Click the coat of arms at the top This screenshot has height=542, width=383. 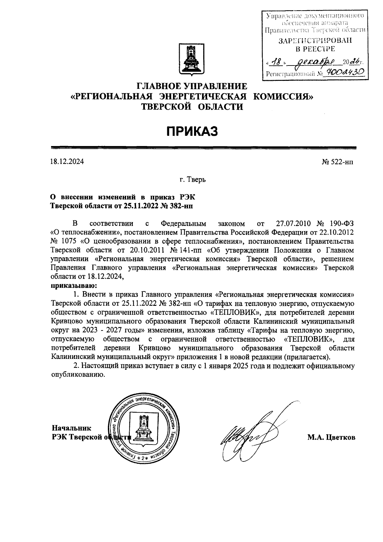pyautogui.click(x=192, y=60)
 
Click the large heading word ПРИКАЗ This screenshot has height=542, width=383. pyautogui.click(x=192, y=131)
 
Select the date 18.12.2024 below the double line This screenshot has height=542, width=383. pyautogui.click(x=67, y=162)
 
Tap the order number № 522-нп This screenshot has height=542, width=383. pyautogui.click(x=338, y=162)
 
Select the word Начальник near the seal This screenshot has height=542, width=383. pyautogui.click(x=71, y=428)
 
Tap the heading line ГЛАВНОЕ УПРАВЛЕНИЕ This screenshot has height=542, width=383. pyautogui.click(x=192, y=86)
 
